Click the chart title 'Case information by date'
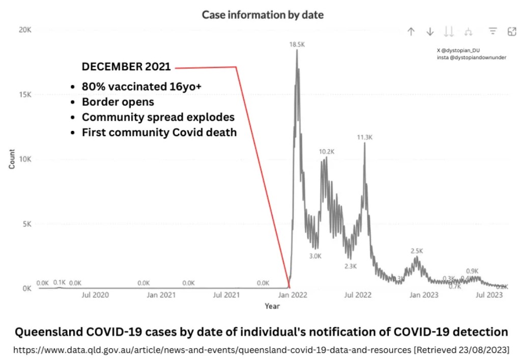tap(263, 15)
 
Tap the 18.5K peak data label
tap(297, 45)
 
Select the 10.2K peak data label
tap(327, 152)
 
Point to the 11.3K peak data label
tap(364, 137)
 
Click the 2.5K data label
tap(417, 251)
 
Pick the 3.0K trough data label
tap(315, 256)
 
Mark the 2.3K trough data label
tap(351, 266)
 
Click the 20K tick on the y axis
tap(25, 30)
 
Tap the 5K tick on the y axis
tap(26, 224)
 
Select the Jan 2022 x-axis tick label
tap(292, 295)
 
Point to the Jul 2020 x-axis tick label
tap(95, 295)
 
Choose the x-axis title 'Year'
tap(272, 306)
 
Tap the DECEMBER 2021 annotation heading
tap(126, 67)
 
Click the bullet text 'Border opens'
tap(118, 102)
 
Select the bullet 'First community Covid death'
tap(159, 132)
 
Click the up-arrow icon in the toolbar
tap(411, 32)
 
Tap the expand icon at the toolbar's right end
tap(512, 32)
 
